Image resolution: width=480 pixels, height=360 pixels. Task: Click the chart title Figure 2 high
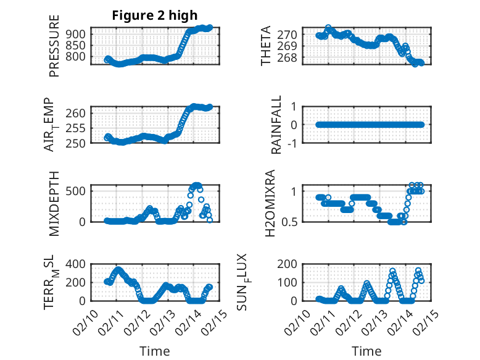154,16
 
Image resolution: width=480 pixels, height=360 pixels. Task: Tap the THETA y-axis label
266,46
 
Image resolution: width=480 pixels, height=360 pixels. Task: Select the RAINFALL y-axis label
277,125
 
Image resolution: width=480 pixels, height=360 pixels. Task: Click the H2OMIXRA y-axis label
270,204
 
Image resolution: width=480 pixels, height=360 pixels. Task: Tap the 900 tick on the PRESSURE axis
77,34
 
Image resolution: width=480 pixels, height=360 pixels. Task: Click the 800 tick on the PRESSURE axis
77,57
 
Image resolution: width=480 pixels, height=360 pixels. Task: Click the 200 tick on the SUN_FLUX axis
289,264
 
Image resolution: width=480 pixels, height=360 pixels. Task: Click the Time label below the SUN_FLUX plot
366,351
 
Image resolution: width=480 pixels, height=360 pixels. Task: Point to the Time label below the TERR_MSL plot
154,351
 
